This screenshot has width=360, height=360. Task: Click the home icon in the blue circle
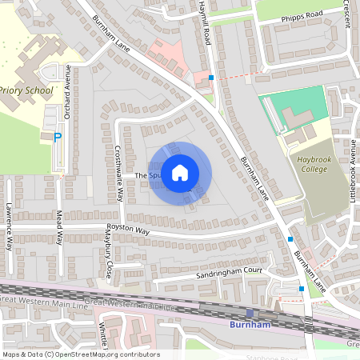[x=180, y=172]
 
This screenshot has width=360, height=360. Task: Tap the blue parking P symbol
[x=57, y=138]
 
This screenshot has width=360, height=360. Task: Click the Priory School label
[x=26, y=90]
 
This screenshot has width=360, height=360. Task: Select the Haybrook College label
[x=308, y=164]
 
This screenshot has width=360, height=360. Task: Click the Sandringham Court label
[x=230, y=272]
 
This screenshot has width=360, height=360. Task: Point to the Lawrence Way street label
[x=9, y=226]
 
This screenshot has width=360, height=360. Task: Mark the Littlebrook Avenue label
[x=353, y=170]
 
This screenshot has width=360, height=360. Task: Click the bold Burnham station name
[x=251, y=326]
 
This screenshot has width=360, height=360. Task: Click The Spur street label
[x=147, y=175]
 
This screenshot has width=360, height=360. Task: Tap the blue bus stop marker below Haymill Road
[x=211, y=78]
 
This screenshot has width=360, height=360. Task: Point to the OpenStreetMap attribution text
[x=80, y=354]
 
